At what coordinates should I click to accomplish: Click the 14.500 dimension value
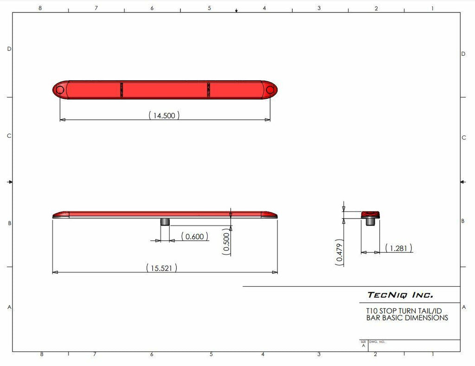click(164, 116)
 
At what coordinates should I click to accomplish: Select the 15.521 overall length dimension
click(161, 268)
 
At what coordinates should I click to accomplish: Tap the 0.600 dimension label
click(194, 237)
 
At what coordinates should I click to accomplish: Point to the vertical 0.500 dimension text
click(226, 242)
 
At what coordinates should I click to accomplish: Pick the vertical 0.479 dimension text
click(340, 254)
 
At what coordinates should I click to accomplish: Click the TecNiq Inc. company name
click(400, 295)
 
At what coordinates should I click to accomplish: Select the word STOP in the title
click(389, 311)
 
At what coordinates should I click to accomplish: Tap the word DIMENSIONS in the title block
click(424, 318)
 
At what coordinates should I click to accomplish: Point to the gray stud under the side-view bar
click(165, 221)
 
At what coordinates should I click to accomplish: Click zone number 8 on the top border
click(40, 8)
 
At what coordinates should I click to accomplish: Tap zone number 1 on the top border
click(432, 8)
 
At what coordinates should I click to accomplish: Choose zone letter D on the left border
click(9, 49)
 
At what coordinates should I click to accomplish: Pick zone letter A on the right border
click(464, 307)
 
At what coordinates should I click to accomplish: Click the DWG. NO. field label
click(377, 342)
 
